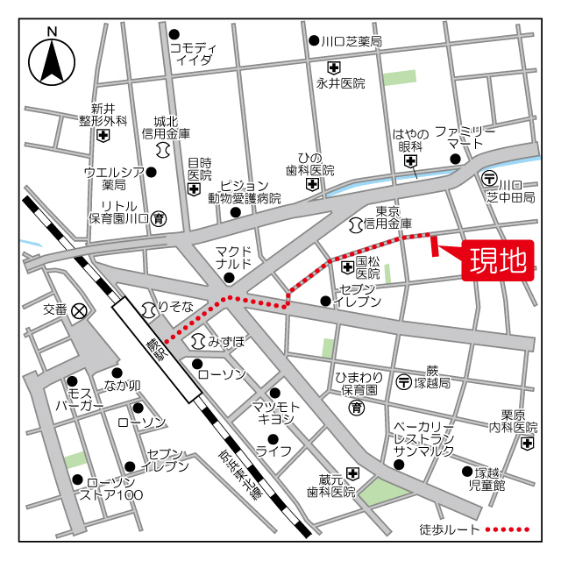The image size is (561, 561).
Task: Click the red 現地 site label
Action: pyautogui.click(x=498, y=260)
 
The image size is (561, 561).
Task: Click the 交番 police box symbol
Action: pyautogui.click(x=80, y=310)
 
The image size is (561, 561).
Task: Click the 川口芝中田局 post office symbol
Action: pyautogui.click(x=491, y=177)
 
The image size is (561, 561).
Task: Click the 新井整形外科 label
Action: pyautogui.click(x=103, y=114)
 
